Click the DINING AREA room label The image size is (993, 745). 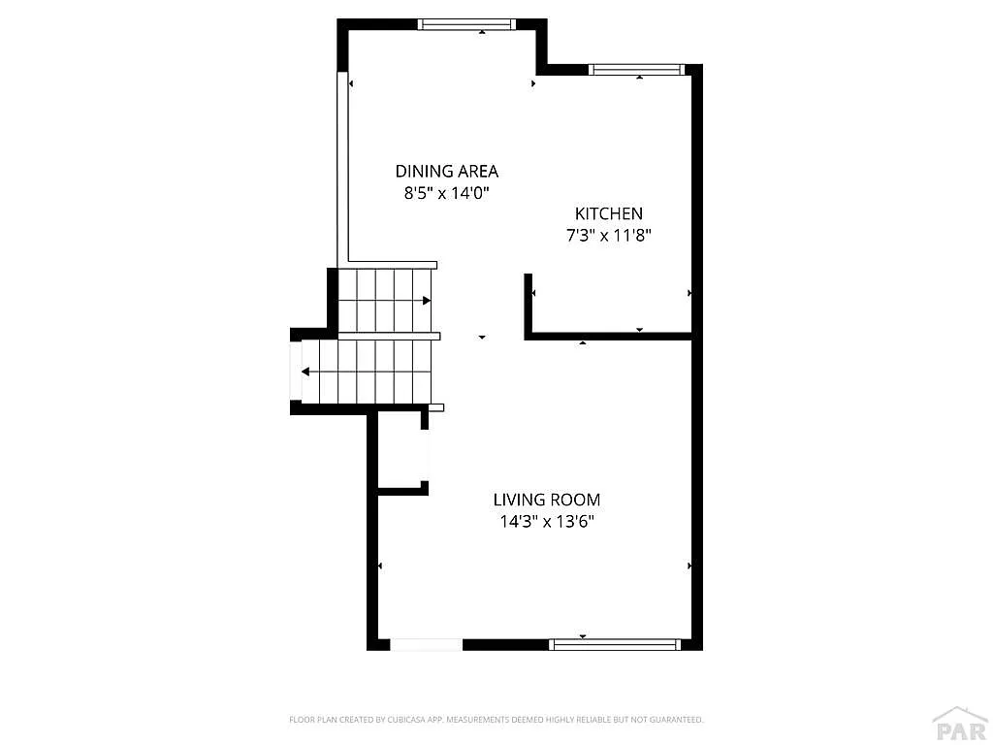[446, 171]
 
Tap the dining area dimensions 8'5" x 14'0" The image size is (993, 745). [447, 193]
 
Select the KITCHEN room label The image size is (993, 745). [609, 213]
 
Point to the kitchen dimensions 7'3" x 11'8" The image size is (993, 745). [609, 236]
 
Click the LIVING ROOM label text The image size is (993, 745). [547, 500]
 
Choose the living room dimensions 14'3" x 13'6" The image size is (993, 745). [547, 522]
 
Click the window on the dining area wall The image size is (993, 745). [466, 24]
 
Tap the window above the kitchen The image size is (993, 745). [637, 69]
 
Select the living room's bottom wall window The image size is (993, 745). [615, 645]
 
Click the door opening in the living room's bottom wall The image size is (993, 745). [427, 645]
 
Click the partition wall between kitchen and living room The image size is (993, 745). [608, 337]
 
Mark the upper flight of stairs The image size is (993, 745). [385, 301]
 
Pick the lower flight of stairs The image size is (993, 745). [366, 372]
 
